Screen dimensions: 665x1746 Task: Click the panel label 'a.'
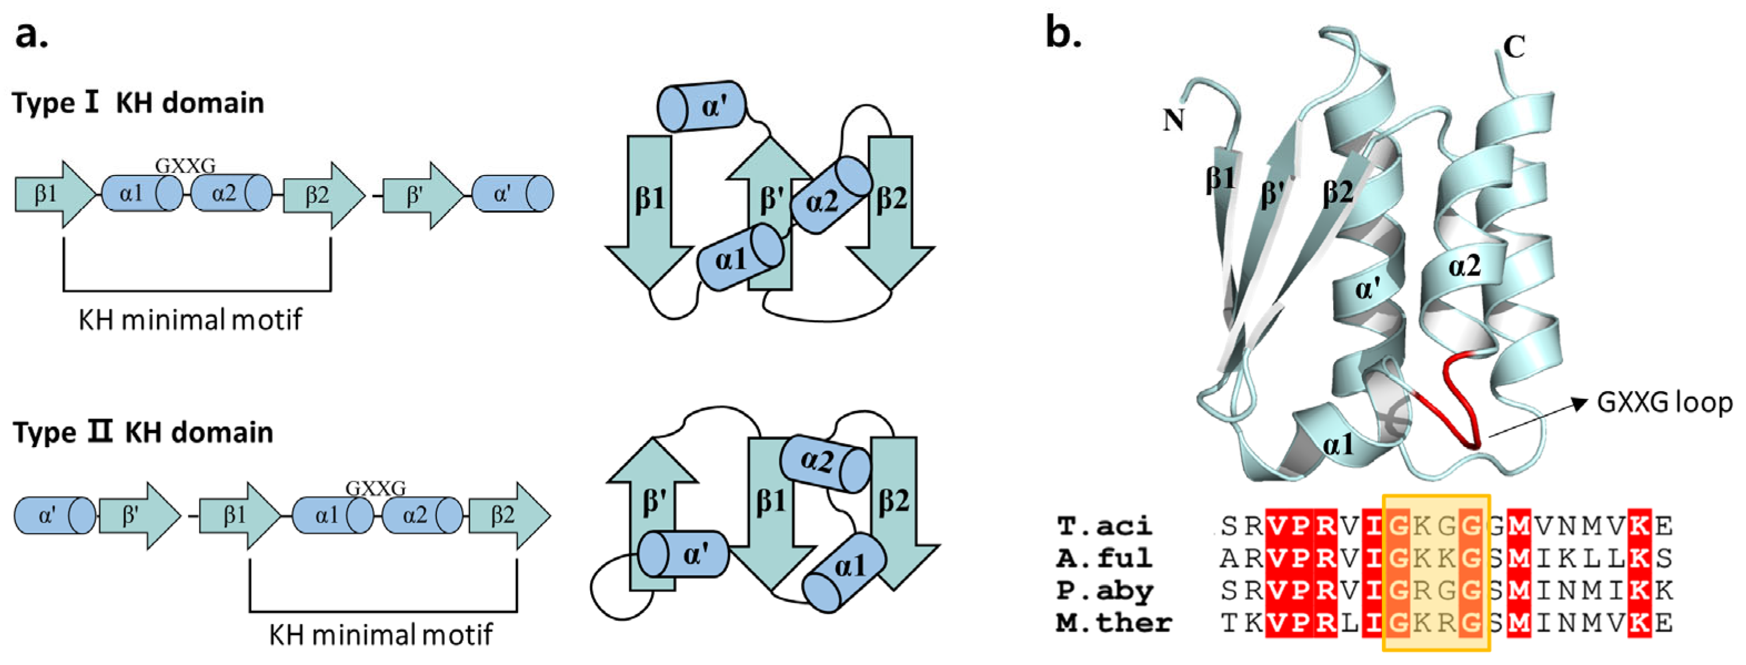click(x=31, y=35)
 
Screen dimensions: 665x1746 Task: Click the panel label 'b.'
click(x=1063, y=33)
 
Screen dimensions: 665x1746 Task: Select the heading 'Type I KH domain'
click(x=138, y=103)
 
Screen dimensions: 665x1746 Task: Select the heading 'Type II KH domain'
click(x=142, y=432)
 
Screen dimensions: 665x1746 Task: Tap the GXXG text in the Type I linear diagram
click(x=185, y=166)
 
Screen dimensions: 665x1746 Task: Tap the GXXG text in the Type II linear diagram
click(x=376, y=488)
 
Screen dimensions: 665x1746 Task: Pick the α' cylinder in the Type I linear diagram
click(x=512, y=194)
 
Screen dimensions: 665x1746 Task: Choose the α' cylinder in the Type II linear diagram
click(x=54, y=516)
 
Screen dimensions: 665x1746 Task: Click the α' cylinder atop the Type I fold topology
click(x=701, y=107)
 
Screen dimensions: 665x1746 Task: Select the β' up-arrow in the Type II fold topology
click(x=652, y=508)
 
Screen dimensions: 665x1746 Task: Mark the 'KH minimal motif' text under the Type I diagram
click(x=190, y=319)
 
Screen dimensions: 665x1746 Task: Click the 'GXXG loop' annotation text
click(x=1664, y=403)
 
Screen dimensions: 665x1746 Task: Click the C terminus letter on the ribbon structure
click(x=1514, y=47)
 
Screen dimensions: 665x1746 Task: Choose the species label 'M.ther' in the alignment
click(x=1114, y=623)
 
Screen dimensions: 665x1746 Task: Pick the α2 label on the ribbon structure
click(x=1464, y=266)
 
